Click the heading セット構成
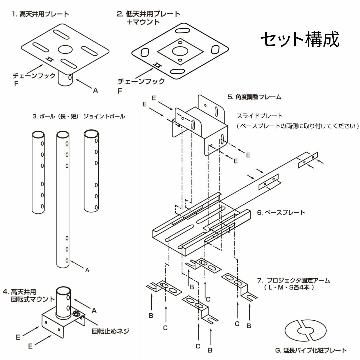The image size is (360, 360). [300, 40]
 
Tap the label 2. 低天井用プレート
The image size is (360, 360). [148, 14]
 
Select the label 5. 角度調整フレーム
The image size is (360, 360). [255, 97]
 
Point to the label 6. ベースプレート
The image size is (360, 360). [281, 212]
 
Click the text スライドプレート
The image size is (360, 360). [259, 116]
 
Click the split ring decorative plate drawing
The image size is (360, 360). [305, 331]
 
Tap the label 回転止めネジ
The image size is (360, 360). [110, 331]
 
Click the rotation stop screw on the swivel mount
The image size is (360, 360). [76, 313]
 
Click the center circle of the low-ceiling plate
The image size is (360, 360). [180, 51]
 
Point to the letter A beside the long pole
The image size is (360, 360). [87, 271]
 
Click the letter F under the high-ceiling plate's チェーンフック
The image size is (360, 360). [16, 84]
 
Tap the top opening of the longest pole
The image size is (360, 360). [62, 135]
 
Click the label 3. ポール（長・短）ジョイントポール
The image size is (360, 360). [78, 116]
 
